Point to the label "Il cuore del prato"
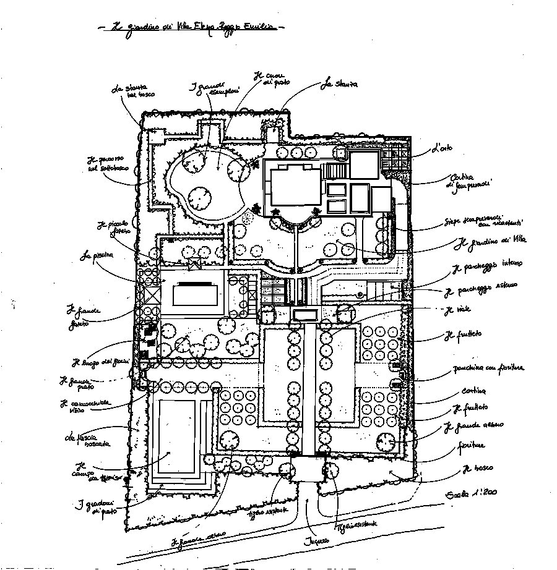(x=267, y=79)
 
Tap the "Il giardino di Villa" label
(x=485, y=242)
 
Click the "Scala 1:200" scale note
(x=470, y=493)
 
